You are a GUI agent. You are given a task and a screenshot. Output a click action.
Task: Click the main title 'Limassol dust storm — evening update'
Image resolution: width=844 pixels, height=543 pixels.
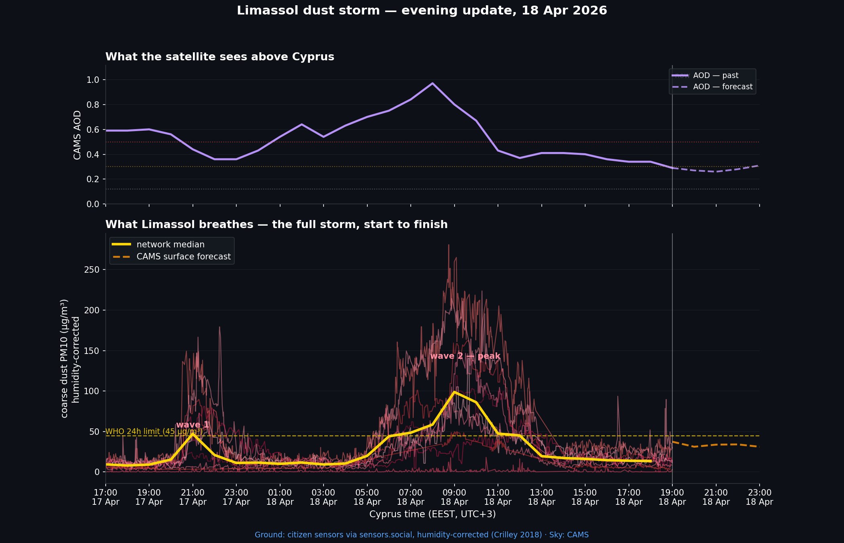[422, 10]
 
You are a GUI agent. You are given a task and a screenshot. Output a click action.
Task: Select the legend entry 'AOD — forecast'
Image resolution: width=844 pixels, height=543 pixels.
[722, 87]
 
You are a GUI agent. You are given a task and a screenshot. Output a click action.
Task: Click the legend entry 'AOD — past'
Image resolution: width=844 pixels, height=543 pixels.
[715, 76]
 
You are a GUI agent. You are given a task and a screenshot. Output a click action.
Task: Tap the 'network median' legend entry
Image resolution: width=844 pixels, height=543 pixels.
[170, 245]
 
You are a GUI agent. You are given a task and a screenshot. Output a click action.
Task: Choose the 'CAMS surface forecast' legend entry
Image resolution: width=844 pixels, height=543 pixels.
[183, 257]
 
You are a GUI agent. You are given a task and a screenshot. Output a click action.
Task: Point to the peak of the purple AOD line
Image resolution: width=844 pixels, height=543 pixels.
[432, 83]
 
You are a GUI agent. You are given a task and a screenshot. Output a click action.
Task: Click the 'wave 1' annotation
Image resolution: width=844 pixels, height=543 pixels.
[192, 425]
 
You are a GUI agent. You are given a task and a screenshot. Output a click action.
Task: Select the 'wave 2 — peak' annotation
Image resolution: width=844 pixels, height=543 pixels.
[465, 356]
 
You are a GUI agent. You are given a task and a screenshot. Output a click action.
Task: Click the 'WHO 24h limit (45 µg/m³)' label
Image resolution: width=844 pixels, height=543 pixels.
[154, 432]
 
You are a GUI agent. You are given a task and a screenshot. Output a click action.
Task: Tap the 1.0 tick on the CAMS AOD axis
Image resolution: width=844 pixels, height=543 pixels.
[93, 80]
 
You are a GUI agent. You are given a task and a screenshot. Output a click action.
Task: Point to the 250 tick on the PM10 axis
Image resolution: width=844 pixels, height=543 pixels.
[92, 270]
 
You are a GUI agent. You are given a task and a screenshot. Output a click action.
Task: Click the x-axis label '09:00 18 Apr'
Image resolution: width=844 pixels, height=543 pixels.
[454, 497]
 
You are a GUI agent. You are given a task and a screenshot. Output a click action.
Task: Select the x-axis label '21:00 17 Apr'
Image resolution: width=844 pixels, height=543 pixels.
[193, 497]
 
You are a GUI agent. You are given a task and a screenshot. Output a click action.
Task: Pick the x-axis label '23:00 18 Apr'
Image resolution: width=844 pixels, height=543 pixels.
[759, 497]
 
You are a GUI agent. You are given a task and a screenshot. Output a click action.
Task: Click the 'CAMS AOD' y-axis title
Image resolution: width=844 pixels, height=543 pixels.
[77, 135]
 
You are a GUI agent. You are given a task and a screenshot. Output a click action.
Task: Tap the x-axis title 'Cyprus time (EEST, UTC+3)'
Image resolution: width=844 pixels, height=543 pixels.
[432, 514]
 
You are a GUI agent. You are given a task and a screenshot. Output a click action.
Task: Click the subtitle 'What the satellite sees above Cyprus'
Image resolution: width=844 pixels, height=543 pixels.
[219, 57]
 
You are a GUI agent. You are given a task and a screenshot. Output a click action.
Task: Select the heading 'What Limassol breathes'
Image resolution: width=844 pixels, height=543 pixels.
[276, 224]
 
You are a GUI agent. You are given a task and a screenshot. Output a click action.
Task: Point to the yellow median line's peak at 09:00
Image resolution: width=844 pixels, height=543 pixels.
[454, 392]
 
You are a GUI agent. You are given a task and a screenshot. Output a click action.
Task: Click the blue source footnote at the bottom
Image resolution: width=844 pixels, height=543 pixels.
[422, 535]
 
